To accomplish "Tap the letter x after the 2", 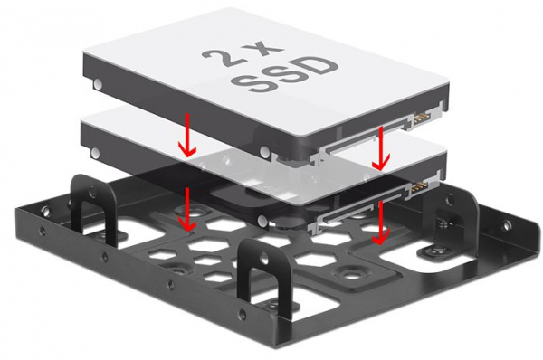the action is coord(267,50).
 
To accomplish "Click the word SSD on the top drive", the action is coord(285,74).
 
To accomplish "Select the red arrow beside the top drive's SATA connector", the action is coord(381,148).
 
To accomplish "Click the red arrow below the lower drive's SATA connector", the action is coord(381,223).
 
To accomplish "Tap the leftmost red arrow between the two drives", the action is coord(187,134).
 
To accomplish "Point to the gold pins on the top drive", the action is coord(420,119).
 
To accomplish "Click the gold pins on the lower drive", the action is coord(419,188).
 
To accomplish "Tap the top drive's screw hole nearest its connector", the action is coord(264,151).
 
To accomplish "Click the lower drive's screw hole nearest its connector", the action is coord(263,220).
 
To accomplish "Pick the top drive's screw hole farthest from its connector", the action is coord(99,84).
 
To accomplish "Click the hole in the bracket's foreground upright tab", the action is coord(264,257).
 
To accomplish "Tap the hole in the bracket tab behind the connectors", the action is coord(450,199).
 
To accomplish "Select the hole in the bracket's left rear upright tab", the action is coord(92,190).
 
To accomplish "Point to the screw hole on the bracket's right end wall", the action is coord(507,226).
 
